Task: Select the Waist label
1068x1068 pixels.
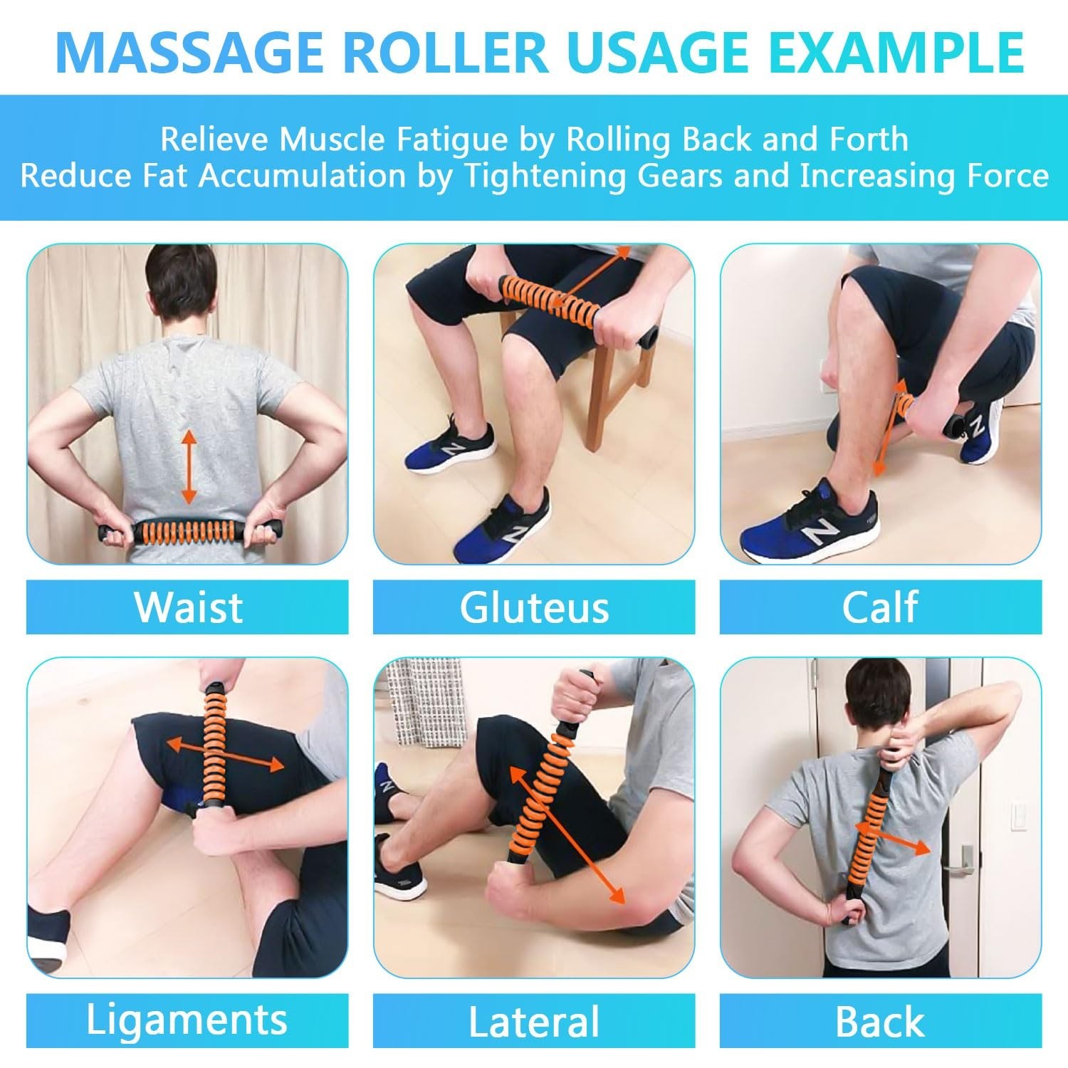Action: pyautogui.click(x=189, y=607)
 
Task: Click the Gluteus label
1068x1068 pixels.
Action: pyautogui.click(x=534, y=607)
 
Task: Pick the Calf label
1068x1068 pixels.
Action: pyautogui.click(x=880, y=607)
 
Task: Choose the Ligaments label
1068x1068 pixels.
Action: pyautogui.click(x=187, y=1020)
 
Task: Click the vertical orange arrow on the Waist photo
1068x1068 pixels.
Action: pyautogui.click(x=189, y=466)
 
